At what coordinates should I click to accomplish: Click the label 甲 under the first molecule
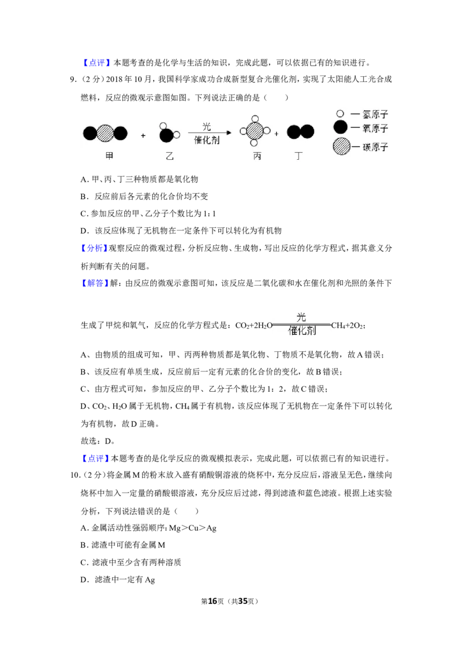pyautogui.click(x=109, y=156)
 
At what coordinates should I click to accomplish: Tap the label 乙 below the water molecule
pyautogui.click(x=169, y=156)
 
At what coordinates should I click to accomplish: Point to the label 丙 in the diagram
pyautogui.click(x=257, y=156)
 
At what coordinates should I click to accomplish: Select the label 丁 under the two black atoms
pyautogui.click(x=299, y=156)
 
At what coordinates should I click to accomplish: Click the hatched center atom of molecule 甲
pyautogui.click(x=106, y=133)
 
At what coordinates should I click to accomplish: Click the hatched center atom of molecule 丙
pyautogui.click(x=255, y=131)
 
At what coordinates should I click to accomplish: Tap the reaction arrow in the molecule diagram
pyautogui.click(x=210, y=133)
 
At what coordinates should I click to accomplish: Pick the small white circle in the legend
pyautogui.click(x=340, y=114)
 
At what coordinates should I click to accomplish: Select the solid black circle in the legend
pyautogui.click(x=341, y=127)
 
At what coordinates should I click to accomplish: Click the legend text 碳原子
pyautogui.click(x=375, y=147)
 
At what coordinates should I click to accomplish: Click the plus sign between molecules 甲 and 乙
pyautogui.click(x=143, y=136)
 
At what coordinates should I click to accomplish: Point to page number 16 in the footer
pyautogui.click(x=213, y=601)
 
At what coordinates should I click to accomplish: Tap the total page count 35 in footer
pyautogui.click(x=243, y=601)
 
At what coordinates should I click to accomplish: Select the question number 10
pyautogui.click(x=74, y=475)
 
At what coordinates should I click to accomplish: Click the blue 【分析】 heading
pyautogui.click(x=92, y=248)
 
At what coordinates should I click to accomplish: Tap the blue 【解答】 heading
pyautogui.click(x=94, y=283)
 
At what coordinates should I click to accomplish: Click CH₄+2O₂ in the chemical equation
pyautogui.click(x=348, y=326)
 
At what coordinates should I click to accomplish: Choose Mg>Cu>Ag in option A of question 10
pyautogui.click(x=193, y=528)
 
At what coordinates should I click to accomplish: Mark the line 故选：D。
pyautogui.click(x=98, y=441)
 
